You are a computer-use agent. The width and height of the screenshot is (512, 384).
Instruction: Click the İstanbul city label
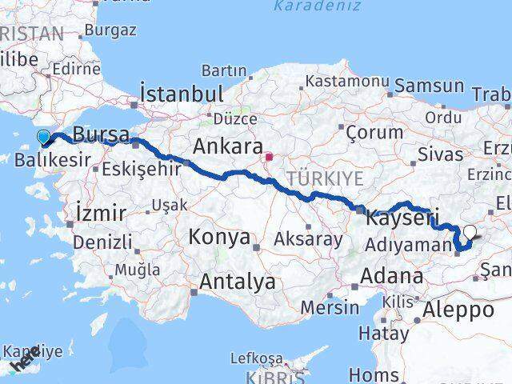(182, 94)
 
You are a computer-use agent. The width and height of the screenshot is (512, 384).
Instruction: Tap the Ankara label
(228, 147)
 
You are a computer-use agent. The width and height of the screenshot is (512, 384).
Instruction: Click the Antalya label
(238, 282)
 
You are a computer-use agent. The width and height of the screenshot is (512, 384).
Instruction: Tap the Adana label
(392, 276)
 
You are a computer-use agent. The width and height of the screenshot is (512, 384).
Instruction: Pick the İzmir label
(99, 213)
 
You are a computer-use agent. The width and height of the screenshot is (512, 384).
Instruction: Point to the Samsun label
(430, 86)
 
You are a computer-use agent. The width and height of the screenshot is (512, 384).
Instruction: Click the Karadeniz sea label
(306, 6)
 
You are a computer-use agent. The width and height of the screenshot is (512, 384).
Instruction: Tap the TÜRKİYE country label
(326, 177)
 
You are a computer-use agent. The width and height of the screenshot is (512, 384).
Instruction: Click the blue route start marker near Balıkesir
(44, 138)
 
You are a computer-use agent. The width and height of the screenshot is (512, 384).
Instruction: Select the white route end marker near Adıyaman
(470, 233)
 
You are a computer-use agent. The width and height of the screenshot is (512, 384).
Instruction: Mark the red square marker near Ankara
(270, 157)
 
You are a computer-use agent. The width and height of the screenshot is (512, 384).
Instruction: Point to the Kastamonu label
(346, 82)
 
